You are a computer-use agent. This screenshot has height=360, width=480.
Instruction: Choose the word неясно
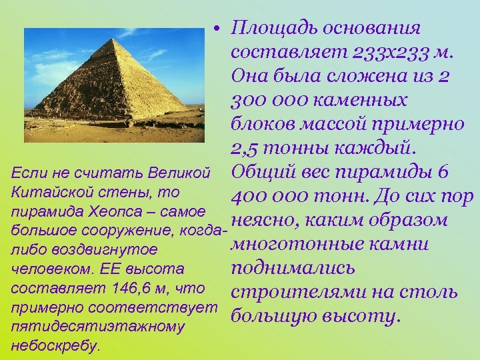[x=264, y=221]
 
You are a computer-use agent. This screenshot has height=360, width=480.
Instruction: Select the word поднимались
[x=293, y=269]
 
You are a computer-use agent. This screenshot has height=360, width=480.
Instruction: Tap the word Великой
[x=179, y=173]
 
